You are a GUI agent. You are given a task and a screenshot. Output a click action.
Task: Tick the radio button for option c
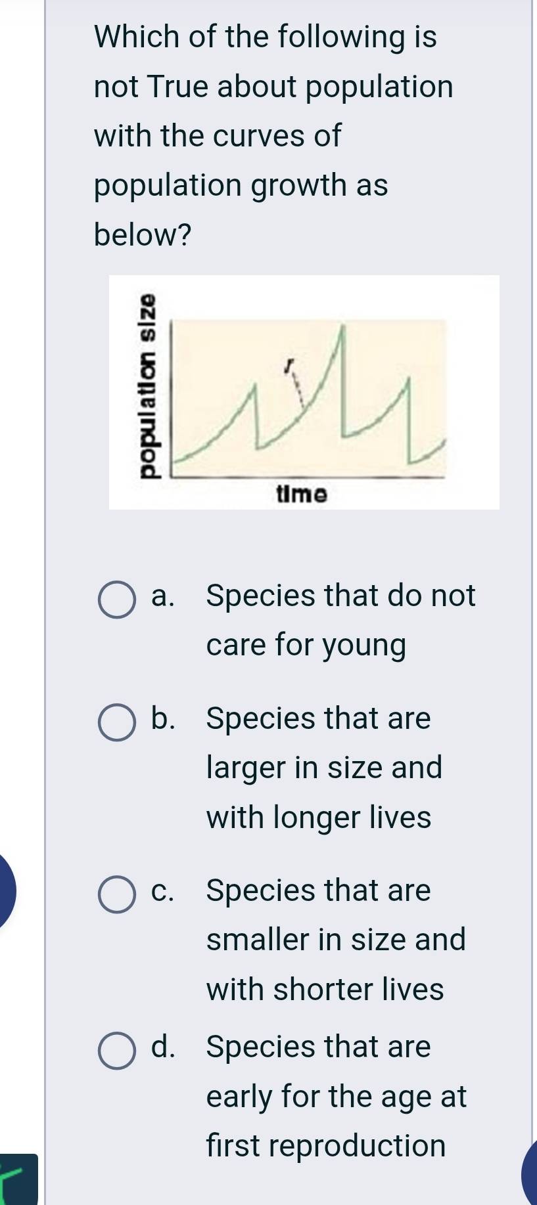coord(117,894)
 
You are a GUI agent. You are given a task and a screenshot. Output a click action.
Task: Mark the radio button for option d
coord(117,1051)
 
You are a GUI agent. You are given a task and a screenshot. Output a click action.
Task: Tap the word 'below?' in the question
coord(143,234)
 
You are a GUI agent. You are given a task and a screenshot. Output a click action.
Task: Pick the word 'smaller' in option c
coord(257,940)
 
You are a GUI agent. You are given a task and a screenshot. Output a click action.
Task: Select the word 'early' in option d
coord(239,1097)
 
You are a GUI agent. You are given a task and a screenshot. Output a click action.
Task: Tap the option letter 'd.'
coord(164,1047)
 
